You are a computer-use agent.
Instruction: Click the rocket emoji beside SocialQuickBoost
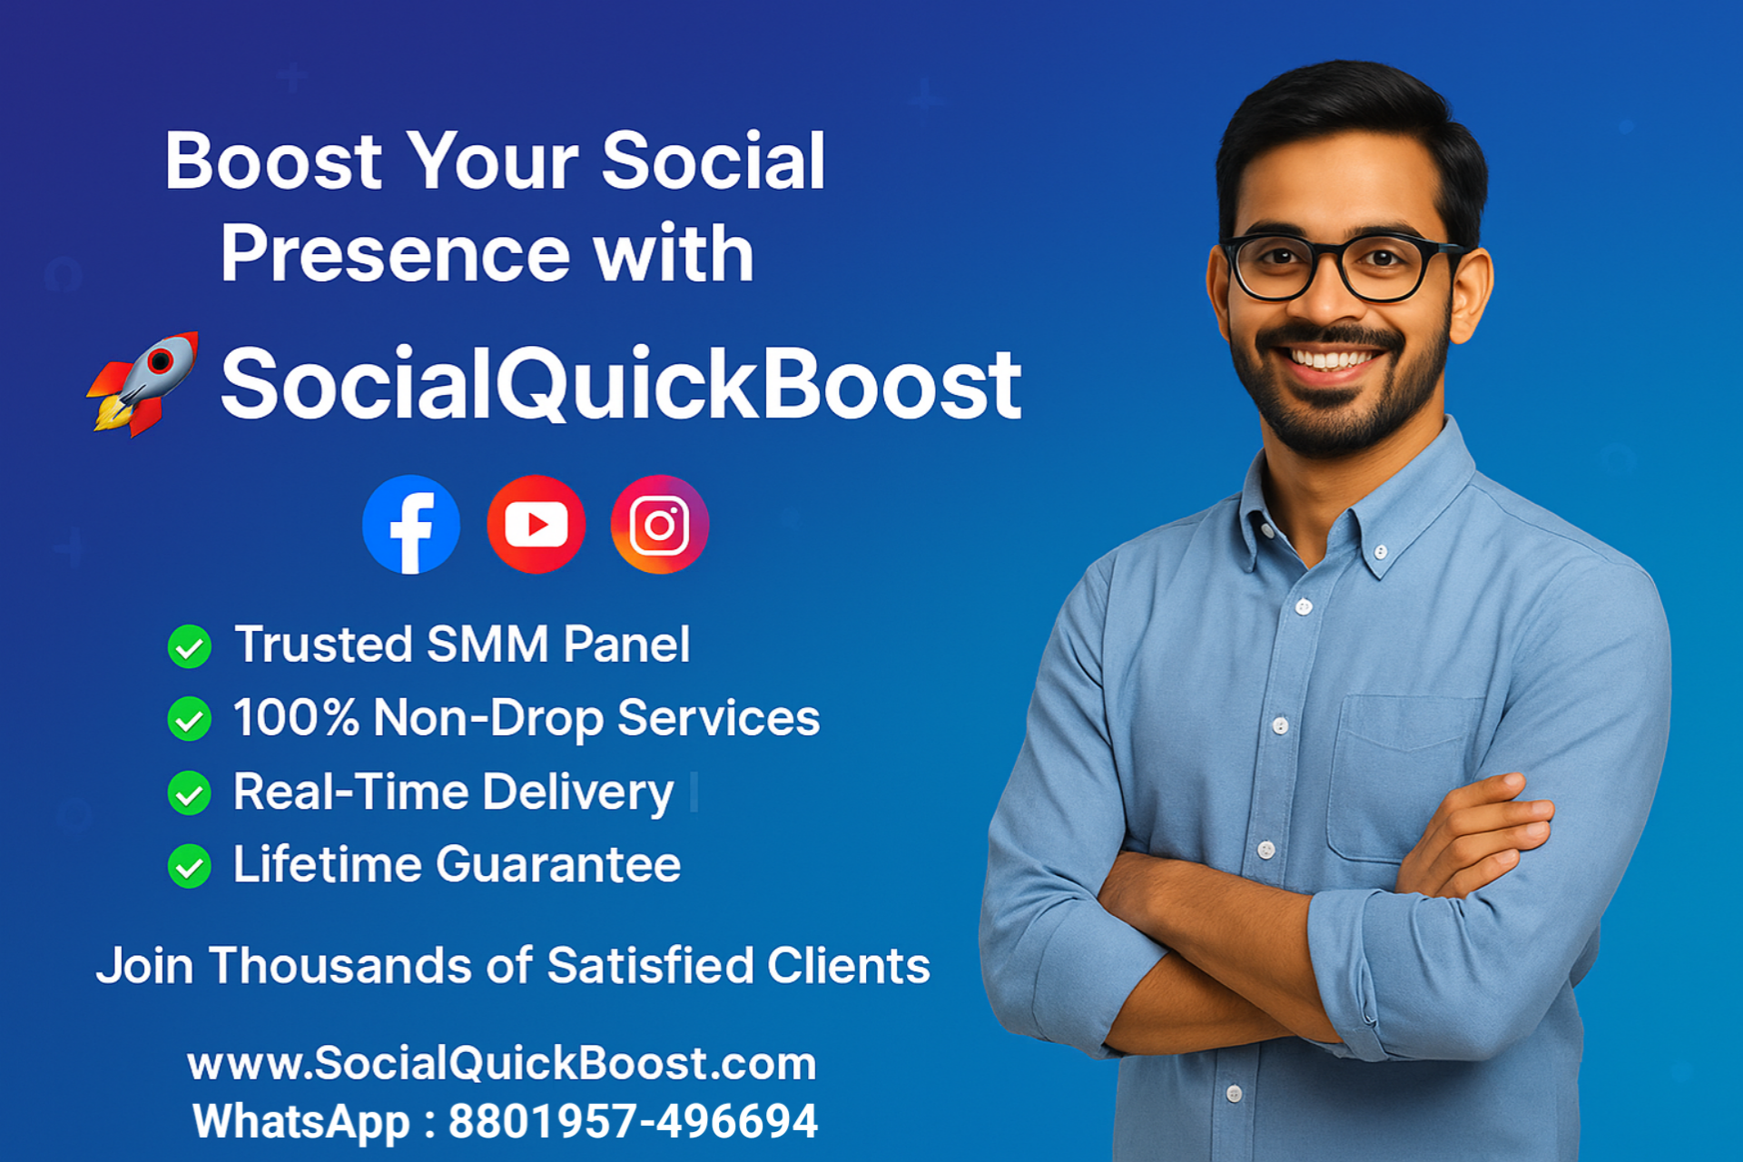[143, 384]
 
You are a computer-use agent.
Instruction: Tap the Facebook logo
[411, 525]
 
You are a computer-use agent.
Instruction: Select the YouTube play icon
[536, 525]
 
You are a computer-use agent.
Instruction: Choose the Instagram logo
[660, 525]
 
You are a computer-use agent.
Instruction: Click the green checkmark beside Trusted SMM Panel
[190, 646]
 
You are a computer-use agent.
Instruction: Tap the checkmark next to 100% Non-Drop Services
[190, 719]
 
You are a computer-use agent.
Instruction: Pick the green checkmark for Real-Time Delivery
[190, 793]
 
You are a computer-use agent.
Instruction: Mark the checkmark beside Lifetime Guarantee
[190, 865]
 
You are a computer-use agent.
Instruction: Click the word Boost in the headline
[273, 162]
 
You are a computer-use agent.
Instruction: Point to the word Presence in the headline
[395, 254]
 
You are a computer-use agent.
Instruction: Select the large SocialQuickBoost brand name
[621, 385]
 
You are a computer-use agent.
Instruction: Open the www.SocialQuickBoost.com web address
[502, 1063]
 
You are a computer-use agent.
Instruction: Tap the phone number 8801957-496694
[633, 1121]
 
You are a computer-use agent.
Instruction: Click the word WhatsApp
[301, 1121]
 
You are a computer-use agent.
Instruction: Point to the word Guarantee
[558, 864]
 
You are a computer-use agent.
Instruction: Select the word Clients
[848, 965]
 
